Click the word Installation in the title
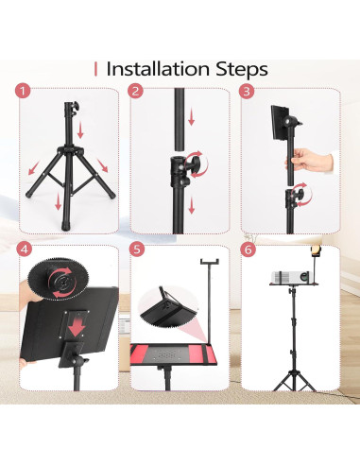click(x=158, y=69)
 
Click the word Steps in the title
click(x=242, y=70)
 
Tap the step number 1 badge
click(x=23, y=92)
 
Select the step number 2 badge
click(x=135, y=92)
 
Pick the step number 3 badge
click(x=247, y=92)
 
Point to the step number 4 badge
click(x=24, y=250)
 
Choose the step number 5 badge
click(x=136, y=250)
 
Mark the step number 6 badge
click(x=248, y=250)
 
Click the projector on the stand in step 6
click(x=289, y=277)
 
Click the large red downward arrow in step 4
click(x=77, y=328)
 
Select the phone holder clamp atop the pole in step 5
click(x=210, y=262)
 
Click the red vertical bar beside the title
click(x=95, y=69)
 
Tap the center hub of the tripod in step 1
click(x=69, y=149)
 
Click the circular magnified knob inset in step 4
click(x=59, y=279)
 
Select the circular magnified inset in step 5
click(x=169, y=306)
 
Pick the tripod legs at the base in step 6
click(x=294, y=381)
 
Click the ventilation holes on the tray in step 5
click(x=166, y=355)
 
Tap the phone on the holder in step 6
click(x=316, y=250)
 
